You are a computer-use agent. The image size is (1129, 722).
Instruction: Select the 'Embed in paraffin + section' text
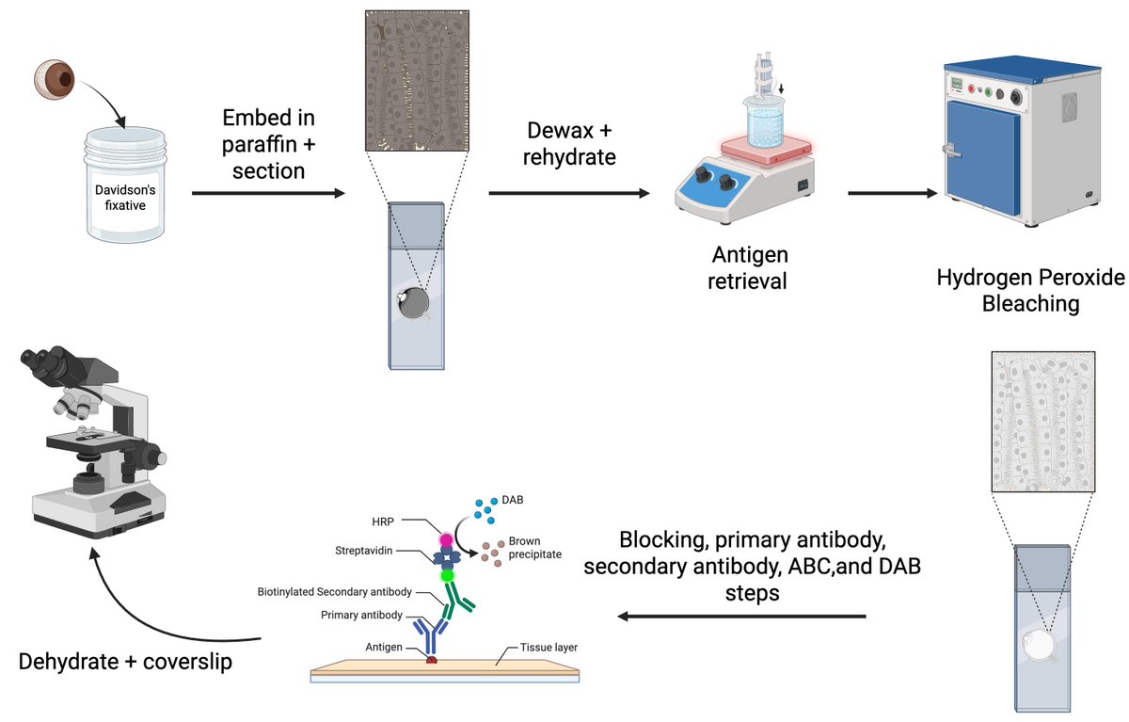click(268, 144)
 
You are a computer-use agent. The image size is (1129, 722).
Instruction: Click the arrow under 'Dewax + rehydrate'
click(569, 194)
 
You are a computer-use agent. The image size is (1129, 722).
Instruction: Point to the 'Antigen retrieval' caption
click(750, 267)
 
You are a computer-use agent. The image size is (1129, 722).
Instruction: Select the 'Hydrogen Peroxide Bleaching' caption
click(1030, 291)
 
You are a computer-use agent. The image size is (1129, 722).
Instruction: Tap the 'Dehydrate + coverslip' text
click(125, 662)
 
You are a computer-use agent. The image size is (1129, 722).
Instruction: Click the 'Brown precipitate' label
click(534, 548)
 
